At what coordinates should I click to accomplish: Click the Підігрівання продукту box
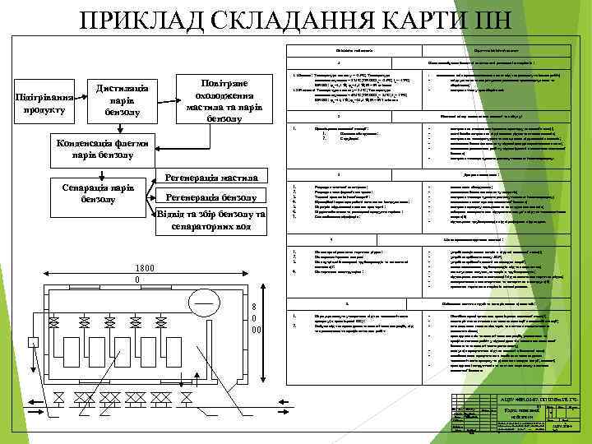[x=46, y=103]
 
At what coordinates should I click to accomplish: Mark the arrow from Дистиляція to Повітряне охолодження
[x=168, y=98]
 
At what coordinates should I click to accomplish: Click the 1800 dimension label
[x=143, y=268]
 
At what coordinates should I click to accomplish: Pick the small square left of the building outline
[x=33, y=341]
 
